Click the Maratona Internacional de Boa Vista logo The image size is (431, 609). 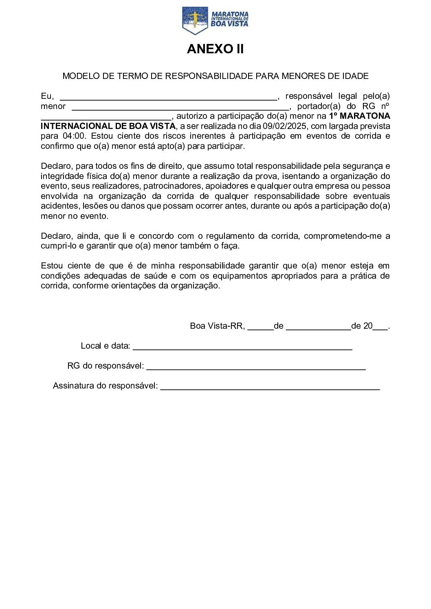coord(215,20)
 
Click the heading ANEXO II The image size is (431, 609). coord(215,49)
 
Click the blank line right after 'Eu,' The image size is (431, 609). coord(168,98)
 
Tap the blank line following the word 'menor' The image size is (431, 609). coord(181,108)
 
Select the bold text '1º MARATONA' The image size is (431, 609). coord(359,116)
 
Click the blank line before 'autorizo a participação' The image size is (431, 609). coord(106,118)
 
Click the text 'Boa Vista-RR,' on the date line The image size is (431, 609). coord(217,326)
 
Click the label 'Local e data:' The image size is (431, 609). coord(106,346)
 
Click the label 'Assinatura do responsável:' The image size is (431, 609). coord(105,386)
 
